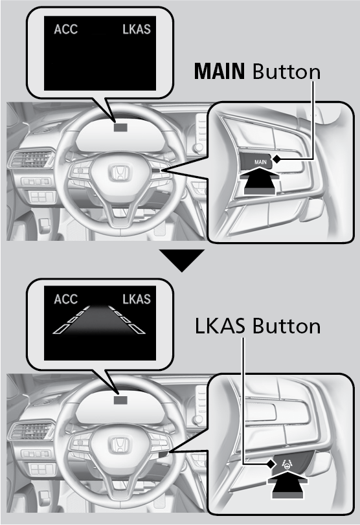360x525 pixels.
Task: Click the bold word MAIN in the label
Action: [219, 71]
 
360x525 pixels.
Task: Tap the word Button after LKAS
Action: [287, 326]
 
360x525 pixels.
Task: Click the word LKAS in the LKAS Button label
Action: [219, 326]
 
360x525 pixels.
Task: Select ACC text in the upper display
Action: [65, 29]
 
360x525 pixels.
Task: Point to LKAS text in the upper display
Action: [137, 29]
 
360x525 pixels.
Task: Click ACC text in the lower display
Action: [65, 299]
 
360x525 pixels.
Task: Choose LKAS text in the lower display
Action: [137, 299]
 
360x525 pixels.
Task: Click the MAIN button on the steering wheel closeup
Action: [256, 161]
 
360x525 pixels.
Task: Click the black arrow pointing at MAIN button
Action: [260, 181]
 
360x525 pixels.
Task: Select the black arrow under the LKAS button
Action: [287, 485]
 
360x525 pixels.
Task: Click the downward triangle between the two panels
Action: [182, 260]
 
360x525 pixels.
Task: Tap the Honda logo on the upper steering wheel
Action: [120, 172]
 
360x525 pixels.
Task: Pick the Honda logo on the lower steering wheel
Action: [120, 446]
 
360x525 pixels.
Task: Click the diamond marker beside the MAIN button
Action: [276, 159]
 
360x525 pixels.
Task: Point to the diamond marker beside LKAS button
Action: [271, 464]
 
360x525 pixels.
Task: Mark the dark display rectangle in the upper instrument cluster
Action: [120, 127]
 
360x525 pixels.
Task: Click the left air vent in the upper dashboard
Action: [32, 159]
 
